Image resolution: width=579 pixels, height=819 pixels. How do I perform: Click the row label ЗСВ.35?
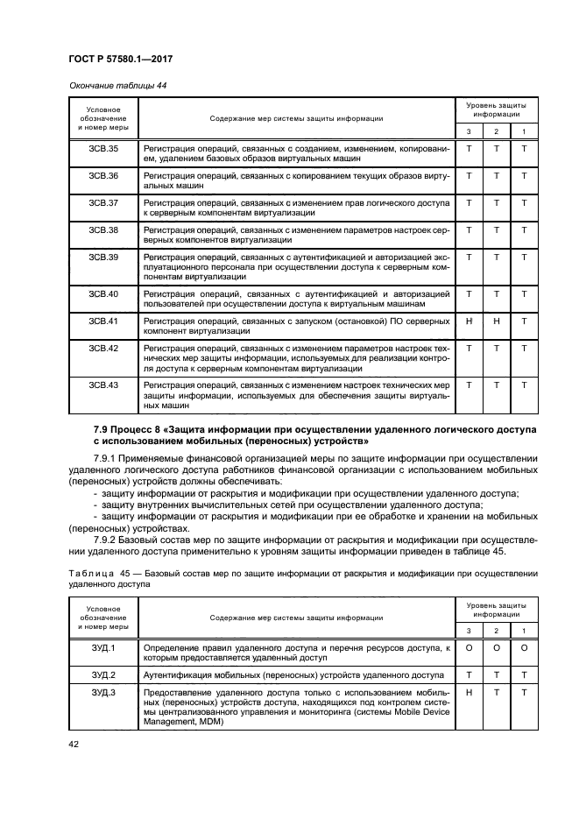click(x=103, y=150)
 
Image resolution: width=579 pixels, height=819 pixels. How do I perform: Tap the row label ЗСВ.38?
click(x=103, y=230)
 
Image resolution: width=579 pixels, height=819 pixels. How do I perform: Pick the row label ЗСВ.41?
click(x=103, y=321)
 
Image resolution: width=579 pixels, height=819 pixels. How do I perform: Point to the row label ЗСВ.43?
click(x=103, y=385)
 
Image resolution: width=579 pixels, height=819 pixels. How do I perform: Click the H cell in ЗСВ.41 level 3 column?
click(x=470, y=321)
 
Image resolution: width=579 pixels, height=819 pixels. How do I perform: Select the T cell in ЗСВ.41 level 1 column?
click(x=524, y=321)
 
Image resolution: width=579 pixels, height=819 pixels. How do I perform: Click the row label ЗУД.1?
click(x=103, y=647)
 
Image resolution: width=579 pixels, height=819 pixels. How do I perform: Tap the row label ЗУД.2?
click(x=103, y=675)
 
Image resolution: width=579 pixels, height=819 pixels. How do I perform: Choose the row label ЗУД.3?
click(x=103, y=693)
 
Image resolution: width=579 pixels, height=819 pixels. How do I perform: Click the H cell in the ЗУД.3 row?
click(x=470, y=693)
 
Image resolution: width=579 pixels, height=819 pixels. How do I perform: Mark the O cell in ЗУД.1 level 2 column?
click(x=497, y=647)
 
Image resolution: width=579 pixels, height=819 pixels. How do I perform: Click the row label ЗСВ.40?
click(x=103, y=293)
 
